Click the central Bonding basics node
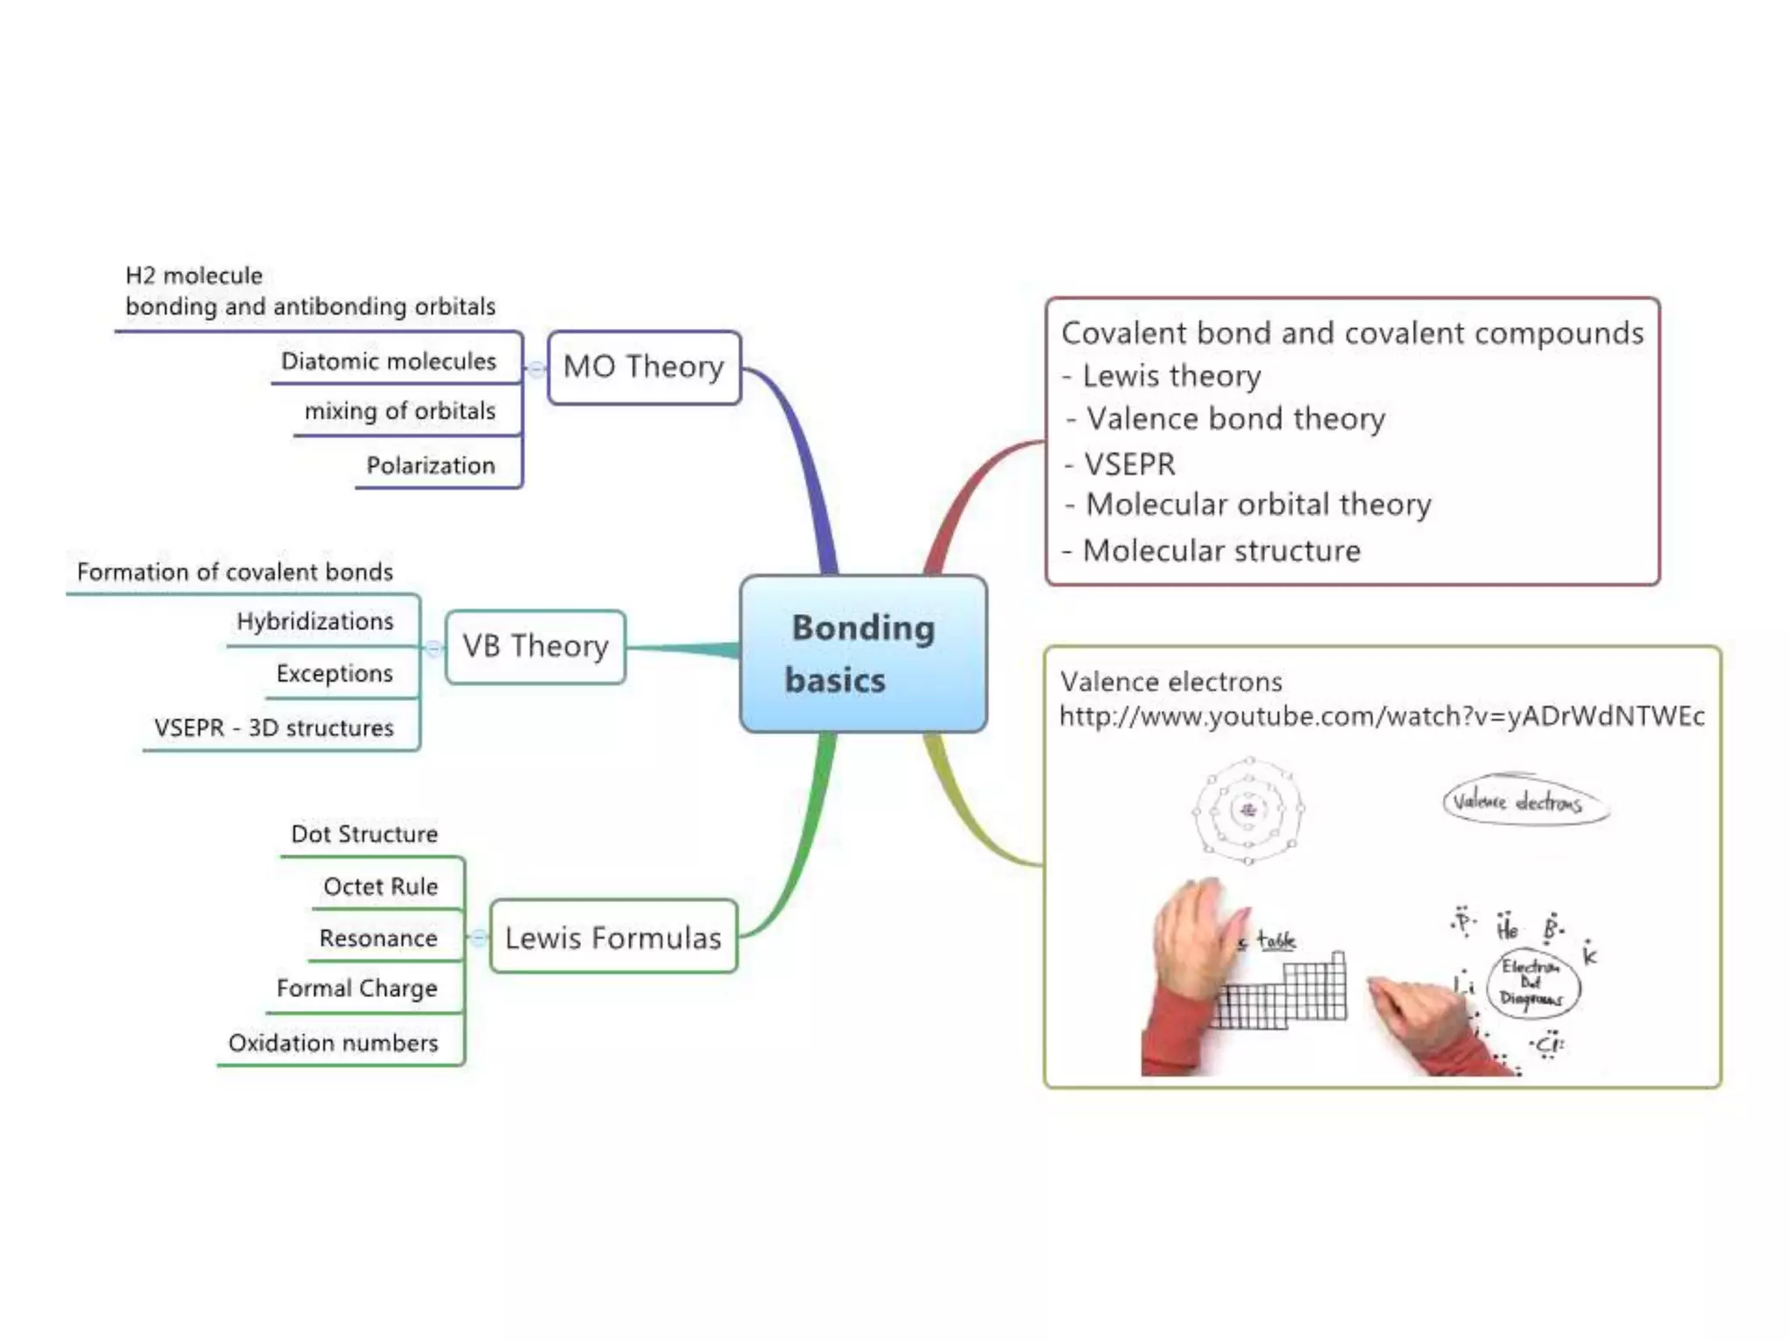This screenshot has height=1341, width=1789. (863, 653)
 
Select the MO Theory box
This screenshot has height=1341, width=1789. (644, 367)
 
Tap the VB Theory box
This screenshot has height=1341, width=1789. (535, 646)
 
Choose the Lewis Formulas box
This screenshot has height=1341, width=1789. (613, 938)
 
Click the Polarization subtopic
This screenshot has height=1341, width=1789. (431, 465)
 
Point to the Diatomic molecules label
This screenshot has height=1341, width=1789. (388, 361)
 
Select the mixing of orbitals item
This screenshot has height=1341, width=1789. (400, 411)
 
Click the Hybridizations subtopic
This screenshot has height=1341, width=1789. (314, 622)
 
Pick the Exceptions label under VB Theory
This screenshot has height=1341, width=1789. (335, 674)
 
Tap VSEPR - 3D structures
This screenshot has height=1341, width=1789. (273, 728)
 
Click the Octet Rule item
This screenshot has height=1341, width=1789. (380, 887)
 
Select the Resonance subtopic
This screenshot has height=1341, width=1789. (378, 939)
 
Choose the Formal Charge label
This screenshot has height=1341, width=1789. (356, 988)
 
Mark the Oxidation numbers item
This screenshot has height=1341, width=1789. (333, 1043)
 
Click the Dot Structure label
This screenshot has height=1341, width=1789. (364, 835)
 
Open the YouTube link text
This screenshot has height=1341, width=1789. (1381, 717)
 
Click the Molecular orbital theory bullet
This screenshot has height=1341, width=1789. (1258, 505)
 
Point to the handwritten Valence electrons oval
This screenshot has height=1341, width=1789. (1524, 801)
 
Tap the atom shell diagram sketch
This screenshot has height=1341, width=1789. (1248, 810)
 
